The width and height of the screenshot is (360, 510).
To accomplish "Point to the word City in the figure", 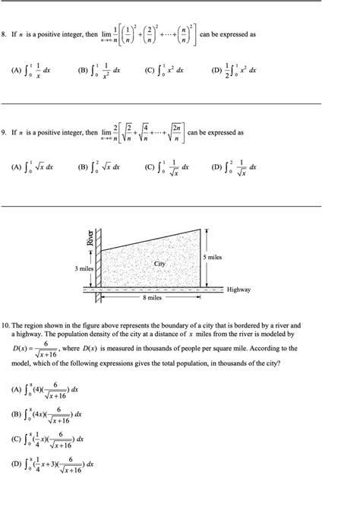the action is (x=159, y=264).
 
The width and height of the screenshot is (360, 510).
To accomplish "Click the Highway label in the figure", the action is (x=238, y=290).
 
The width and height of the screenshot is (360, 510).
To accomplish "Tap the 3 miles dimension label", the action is (x=84, y=269).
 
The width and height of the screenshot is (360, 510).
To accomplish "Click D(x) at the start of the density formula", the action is (x=21, y=348).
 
